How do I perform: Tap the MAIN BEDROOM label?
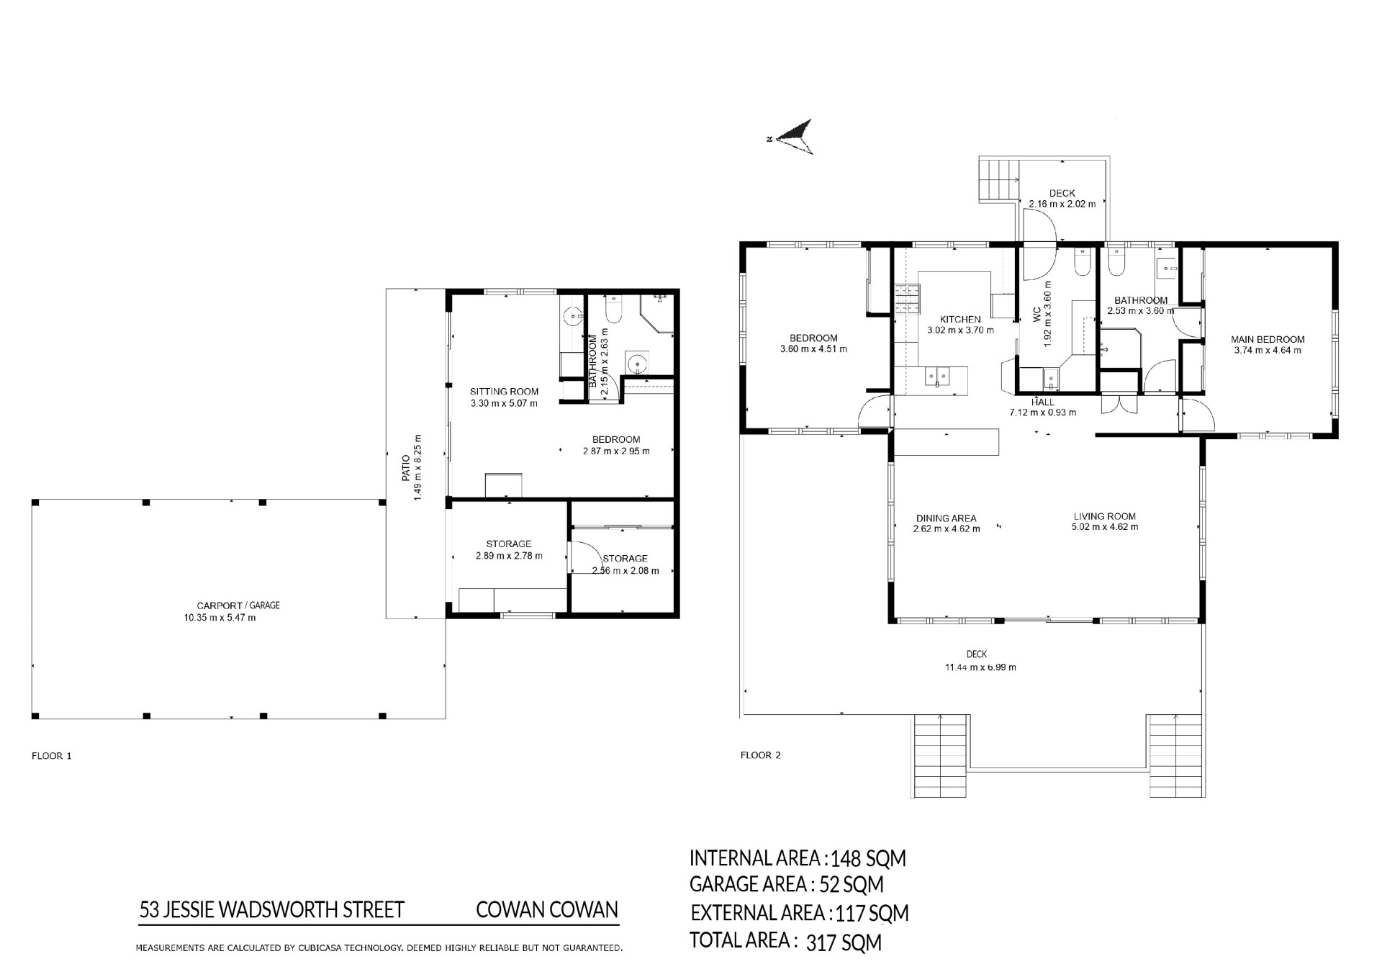coord(1268,339)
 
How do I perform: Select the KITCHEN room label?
coord(960,319)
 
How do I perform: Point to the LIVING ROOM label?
coord(1104,516)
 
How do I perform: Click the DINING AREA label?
coord(946,518)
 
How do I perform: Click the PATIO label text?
coord(405,467)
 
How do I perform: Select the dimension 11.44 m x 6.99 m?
coord(980,667)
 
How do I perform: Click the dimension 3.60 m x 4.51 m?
coord(813,349)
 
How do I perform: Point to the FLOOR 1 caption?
coord(52,756)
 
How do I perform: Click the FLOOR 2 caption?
coord(761,755)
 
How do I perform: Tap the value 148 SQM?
coord(868,858)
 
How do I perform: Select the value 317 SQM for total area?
coord(844,942)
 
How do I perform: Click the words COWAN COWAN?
coord(547,910)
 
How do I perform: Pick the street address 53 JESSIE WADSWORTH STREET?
coord(272,910)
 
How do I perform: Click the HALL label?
coord(1043,402)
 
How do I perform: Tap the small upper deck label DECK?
coord(1062,193)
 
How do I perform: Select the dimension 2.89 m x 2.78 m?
coord(509,556)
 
